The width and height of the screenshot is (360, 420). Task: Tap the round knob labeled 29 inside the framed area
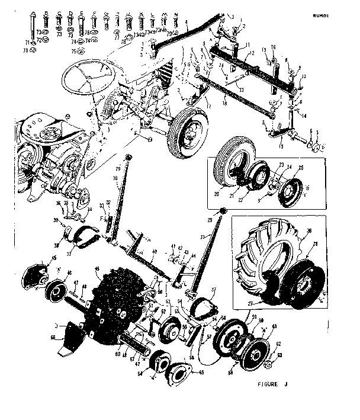tap(223, 211)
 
